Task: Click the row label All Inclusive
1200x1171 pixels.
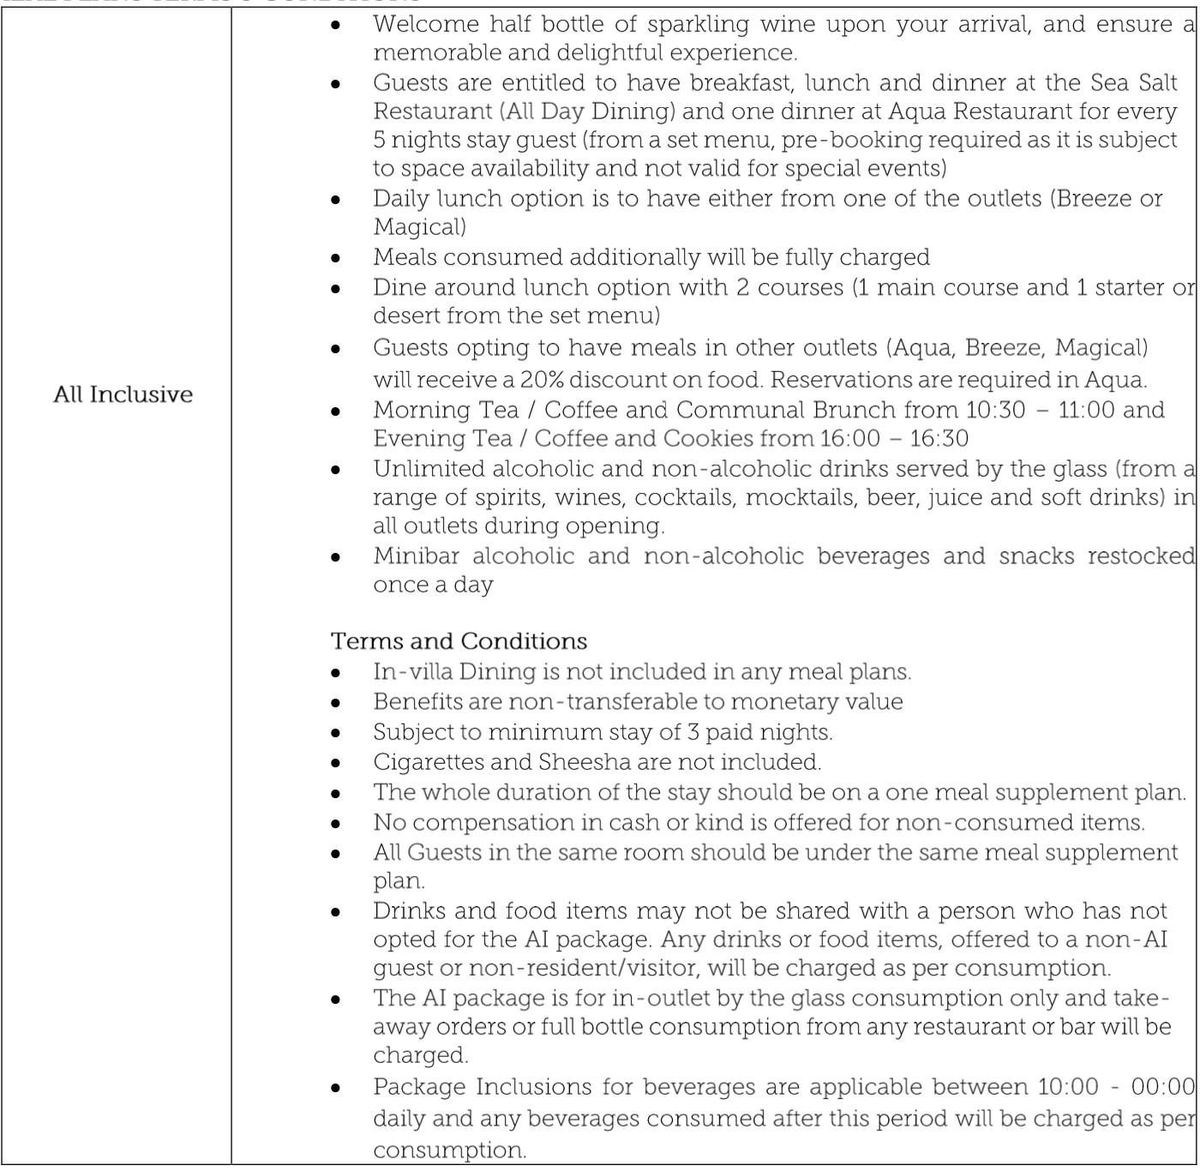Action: (x=123, y=394)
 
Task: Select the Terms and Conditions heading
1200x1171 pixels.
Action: (x=459, y=641)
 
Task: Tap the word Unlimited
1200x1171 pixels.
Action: (x=427, y=469)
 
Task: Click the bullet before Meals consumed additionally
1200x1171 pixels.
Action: (x=337, y=258)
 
